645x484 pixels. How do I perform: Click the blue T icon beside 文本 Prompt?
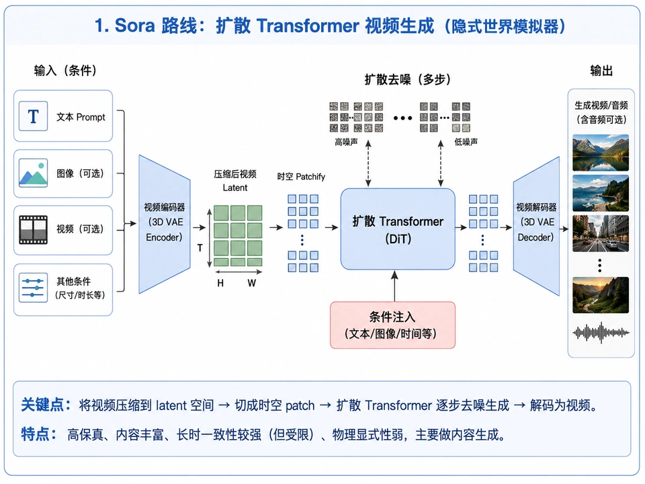tap(34, 116)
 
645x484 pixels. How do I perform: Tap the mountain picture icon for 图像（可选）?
tap(34, 173)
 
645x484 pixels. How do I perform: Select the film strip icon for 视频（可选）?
tap(34, 229)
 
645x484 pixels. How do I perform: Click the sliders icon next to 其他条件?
tap(34, 288)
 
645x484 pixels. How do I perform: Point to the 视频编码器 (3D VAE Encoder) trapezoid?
tap(164, 225)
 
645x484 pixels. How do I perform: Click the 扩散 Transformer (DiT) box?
tap(398, 229)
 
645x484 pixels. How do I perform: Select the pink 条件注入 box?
tap(392, 325)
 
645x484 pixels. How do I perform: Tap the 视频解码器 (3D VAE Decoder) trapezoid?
tap(536, 226)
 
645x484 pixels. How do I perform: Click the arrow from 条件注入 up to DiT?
tap(394, 286)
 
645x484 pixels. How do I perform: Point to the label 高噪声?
tap(346, 142)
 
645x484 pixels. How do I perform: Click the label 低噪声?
tap(466, 142)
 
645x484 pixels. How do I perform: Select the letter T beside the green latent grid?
tap(200, 248)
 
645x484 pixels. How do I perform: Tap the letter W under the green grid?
tap(252, 283)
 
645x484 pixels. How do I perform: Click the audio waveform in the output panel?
tap(601, 333)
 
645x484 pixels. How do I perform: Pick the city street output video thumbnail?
tap(601, 233)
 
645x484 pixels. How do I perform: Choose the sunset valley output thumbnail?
tap(601, 295)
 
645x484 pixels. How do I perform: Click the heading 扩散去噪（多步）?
tap(407, 79)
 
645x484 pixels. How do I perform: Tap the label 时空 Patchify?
tap(301, 177)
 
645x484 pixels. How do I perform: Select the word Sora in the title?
tap(134, 26)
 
